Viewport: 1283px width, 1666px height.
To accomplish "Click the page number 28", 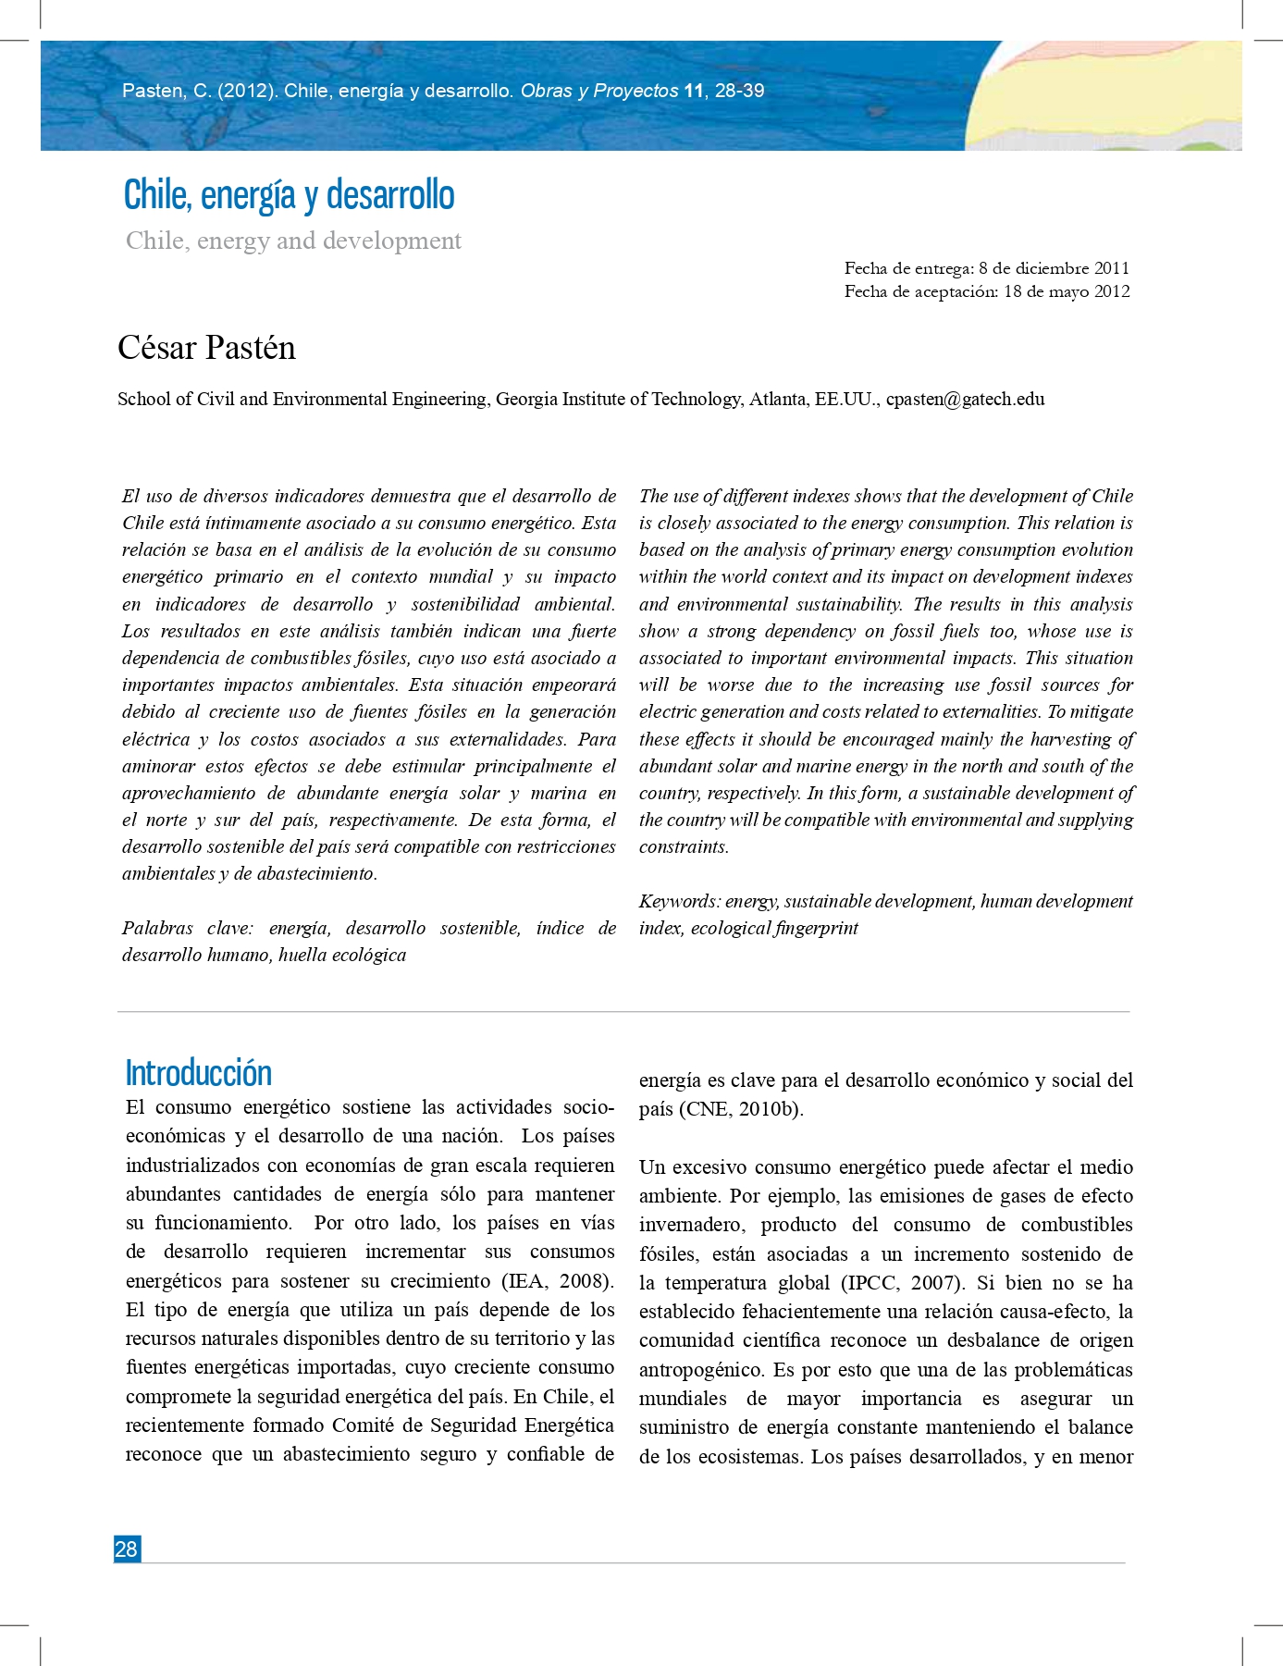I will coord(127,1549).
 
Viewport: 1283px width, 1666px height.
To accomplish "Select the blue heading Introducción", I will coord(198,1073).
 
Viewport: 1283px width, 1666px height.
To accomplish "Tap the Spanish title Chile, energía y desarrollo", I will coord(289,195).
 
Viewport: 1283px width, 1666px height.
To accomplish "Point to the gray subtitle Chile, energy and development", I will coord(293,241).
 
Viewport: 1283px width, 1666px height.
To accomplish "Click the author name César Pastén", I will coord(206,348).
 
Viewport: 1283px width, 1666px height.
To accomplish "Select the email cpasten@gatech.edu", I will coord(965,399).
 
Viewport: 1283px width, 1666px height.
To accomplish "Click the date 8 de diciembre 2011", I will coord(1054,268).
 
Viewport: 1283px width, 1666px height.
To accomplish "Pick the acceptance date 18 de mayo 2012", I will coord(1067,291).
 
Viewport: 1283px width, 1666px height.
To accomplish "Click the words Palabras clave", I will coord(186,928).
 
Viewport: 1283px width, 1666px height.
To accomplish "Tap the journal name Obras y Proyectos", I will coord(599,91).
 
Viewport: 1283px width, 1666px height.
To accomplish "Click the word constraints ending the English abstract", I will coord(684,847).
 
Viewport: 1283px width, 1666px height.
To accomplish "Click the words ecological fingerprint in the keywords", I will coord(774,928).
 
